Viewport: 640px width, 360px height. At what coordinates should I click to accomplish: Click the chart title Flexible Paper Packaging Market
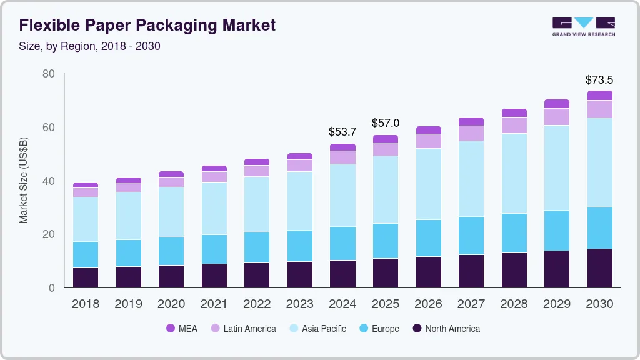147,26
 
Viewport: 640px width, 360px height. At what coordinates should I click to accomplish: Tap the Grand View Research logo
583,26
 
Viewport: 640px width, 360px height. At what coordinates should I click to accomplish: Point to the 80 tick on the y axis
48,74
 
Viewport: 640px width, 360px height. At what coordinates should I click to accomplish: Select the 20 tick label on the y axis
48,234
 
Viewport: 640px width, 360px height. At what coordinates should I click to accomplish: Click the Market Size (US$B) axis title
24,181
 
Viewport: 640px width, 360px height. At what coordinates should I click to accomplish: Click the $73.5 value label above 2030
599,80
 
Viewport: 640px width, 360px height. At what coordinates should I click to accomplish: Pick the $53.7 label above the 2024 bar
342,132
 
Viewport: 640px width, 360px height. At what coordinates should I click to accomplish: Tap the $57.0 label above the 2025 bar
385,123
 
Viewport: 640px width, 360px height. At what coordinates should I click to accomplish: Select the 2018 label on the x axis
86,304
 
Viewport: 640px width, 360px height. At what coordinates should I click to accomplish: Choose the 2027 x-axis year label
471,304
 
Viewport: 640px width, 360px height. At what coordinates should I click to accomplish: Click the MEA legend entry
182,328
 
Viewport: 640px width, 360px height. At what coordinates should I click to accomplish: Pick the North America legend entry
446,328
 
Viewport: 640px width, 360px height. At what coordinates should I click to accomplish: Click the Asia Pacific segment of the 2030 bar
599,162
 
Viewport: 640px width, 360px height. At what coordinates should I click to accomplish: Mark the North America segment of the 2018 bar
86,277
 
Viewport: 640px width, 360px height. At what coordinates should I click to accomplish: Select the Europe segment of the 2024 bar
342,244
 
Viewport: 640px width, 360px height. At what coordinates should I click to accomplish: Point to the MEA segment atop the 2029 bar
556,104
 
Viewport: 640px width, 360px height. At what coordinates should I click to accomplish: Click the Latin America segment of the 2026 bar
428,141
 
